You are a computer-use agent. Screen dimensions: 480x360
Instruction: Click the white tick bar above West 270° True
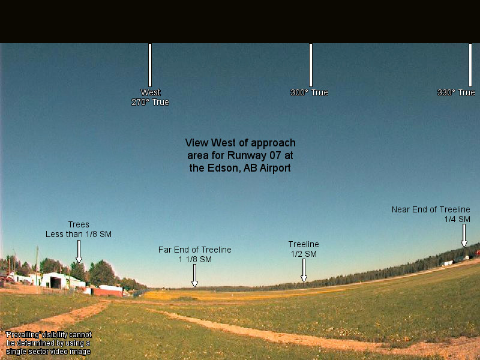pyautogui.click(x=150, y=65)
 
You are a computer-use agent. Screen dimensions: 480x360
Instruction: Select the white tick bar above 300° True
pyautogui.click(x=311, y=65)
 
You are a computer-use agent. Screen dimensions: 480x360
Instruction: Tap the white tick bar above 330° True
pyautogui.click(x=470, y=65)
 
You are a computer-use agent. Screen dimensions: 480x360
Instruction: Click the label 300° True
pyautogui.click(x=309, y=92)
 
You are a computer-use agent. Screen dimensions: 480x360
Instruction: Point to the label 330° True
pyautogui.click(x=456, y=92)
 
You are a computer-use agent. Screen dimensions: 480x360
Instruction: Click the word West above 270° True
pyautogui.click(x=151, y=92)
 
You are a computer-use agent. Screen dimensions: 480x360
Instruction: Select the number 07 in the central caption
pyautogui.click(x=275, y=155)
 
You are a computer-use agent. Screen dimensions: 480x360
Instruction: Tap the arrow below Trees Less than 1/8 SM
pyautogui.click(x=79, y=251)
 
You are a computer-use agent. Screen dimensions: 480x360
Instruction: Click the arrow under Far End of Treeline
pyautogui.click(x=194, y=275)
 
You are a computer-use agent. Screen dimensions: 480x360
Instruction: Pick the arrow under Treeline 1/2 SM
pyautogui.click(x=304, y=271)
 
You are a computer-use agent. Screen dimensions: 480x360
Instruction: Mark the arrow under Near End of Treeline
pyautogui.click(x=464, y=235)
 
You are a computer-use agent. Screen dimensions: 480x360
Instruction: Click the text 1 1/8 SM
pyautogui.click(x=195, y=260)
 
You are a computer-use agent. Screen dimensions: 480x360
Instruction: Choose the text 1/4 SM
pyautogui.click(x=457, y=219)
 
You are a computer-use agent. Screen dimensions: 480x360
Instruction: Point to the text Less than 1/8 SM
pyautogui.click(x=79, y=234)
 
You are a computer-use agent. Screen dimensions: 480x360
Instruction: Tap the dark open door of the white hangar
pyautogui.click(x=56, y=283)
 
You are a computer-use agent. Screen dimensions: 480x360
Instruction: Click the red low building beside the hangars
pyautogui.click(x=108, y=292)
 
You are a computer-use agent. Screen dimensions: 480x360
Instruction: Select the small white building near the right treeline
pyautogui.click(x=448, y=263)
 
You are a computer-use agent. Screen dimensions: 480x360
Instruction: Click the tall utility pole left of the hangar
pyautogui.click(x=37, y=265)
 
